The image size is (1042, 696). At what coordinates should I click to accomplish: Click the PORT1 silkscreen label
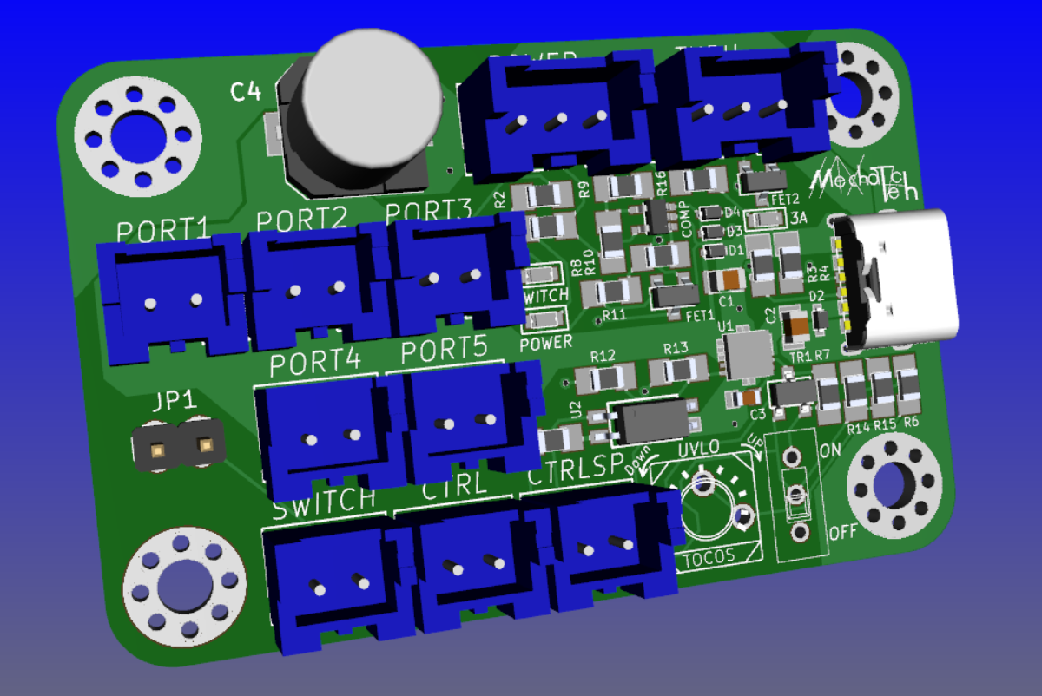click(163, 230)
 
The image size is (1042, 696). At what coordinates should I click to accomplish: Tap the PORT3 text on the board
click(428, 212)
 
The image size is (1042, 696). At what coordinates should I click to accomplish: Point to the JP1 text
click(175, 402)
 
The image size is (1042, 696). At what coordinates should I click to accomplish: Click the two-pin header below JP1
click(181, 446)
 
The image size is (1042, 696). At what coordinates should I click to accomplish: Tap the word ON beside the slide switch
click(831, 450)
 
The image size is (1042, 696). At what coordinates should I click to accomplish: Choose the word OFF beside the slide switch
click(843, 531)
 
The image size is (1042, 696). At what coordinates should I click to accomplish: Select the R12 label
click(603, 356)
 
